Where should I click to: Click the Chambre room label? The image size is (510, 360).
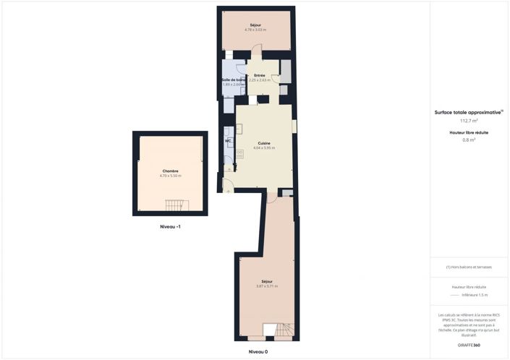pyautogui.click(x=171, y=171)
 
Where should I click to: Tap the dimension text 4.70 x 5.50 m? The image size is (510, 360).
pyautogui.click(x=171, y=176)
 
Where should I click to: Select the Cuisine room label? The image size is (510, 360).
pyautogui.click(x=264, y=143)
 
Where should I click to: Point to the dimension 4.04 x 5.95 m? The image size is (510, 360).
pyautogui.click(x=264, y=148)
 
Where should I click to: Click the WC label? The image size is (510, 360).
pyautogui.click(x=227, y=141)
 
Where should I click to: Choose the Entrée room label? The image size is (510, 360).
pyautogui.click(x=259, y=75)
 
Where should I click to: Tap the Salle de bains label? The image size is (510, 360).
pyautogui.click(x=233, y=80)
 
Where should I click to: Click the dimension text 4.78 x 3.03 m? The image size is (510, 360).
pyautogui.click(x=255, y=30)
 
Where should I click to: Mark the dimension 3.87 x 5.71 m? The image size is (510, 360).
pyautogui.click(x=267, y=286)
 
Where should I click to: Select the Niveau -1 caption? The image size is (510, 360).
pyautogui.click(x=171, y=227)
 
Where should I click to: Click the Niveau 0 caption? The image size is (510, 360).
pyautogui.click(x=258, y=351)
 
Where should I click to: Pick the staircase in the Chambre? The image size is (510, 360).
pyautogui.click(x=176, y=206)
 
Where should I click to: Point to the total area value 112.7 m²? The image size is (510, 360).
pyautogui.click(x=469, y=121)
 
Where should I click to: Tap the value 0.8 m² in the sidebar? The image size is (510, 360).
pyautogui.click(x=469, y=140)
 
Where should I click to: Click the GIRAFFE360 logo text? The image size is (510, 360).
pyautogui.click(x=469, y=345)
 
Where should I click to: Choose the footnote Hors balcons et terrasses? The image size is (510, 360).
pyautogui.click(x=469, y=267)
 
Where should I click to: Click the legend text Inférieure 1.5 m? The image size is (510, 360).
pyautogui.click(x=475, y=295)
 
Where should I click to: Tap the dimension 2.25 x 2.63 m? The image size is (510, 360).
pyautogui.click(x=260, y=80)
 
